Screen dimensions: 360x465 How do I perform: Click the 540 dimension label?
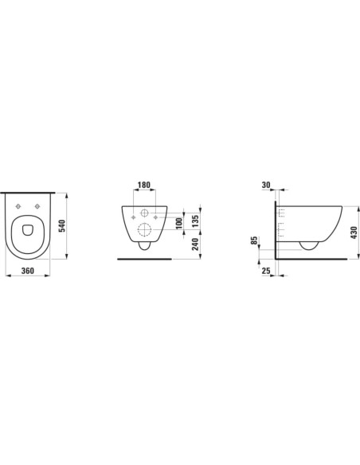click(x=63, y=226)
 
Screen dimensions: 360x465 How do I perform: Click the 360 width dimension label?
click(x=28, y=271)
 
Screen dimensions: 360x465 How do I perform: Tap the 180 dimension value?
click(x=144, y=185)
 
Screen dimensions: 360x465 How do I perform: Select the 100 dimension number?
click(x=179, y=223)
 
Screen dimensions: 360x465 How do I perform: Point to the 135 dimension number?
click(x=195, y=221)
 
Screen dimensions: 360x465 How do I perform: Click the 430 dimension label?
click(x=354, y=232)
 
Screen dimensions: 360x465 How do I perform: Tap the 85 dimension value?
click(x=254, y=240)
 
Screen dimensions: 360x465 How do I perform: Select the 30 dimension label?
click(x=266, y=185)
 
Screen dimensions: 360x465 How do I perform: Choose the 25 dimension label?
click(x=266, y=271)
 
